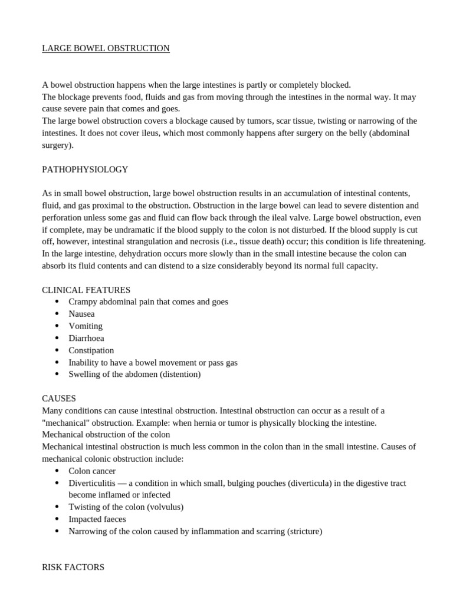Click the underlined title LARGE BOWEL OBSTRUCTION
coord(106,48)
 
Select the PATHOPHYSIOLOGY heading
coord(85,170)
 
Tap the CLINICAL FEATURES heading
coord(86,290)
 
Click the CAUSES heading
coord(59,399)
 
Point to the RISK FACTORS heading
coord(73,568)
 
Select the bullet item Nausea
coord(81,314)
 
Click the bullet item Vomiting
coord(86,326)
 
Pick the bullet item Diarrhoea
coord(86,338)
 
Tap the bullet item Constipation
coord(91,350)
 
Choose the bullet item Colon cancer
coord(92,471)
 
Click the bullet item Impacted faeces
coord(97,519)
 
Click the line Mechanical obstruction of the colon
coord(106,435)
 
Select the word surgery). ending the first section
coord(58,145)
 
